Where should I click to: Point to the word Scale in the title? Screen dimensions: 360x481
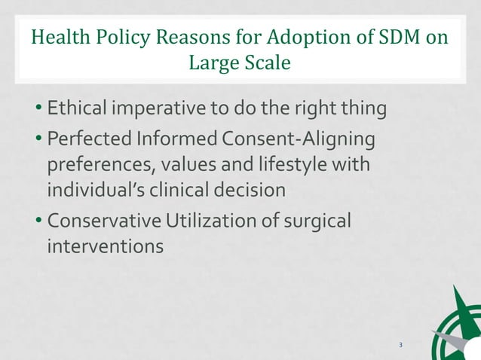coord(265,63)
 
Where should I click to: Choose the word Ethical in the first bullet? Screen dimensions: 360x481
coord(76,109)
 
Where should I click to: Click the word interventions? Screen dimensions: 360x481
coord(105,246)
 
